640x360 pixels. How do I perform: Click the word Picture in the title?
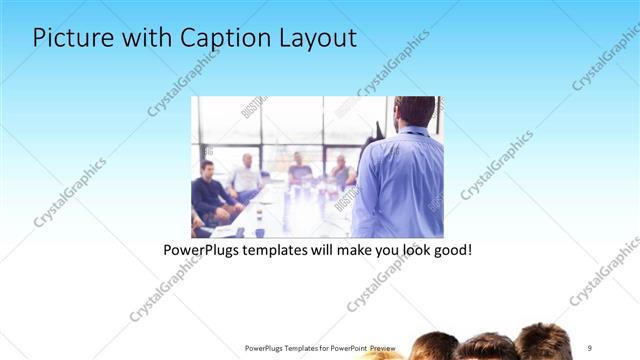coord(71,38)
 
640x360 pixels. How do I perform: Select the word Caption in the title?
coord(217,38)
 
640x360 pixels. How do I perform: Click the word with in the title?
coord(144,38)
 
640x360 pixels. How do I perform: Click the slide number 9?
coord(589,347)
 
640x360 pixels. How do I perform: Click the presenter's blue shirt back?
coord(400,185)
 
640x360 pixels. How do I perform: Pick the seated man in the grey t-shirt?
coord(299,171)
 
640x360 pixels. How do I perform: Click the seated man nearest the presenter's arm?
coord(342,172)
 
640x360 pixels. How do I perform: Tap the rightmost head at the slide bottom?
coord(544,342)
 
